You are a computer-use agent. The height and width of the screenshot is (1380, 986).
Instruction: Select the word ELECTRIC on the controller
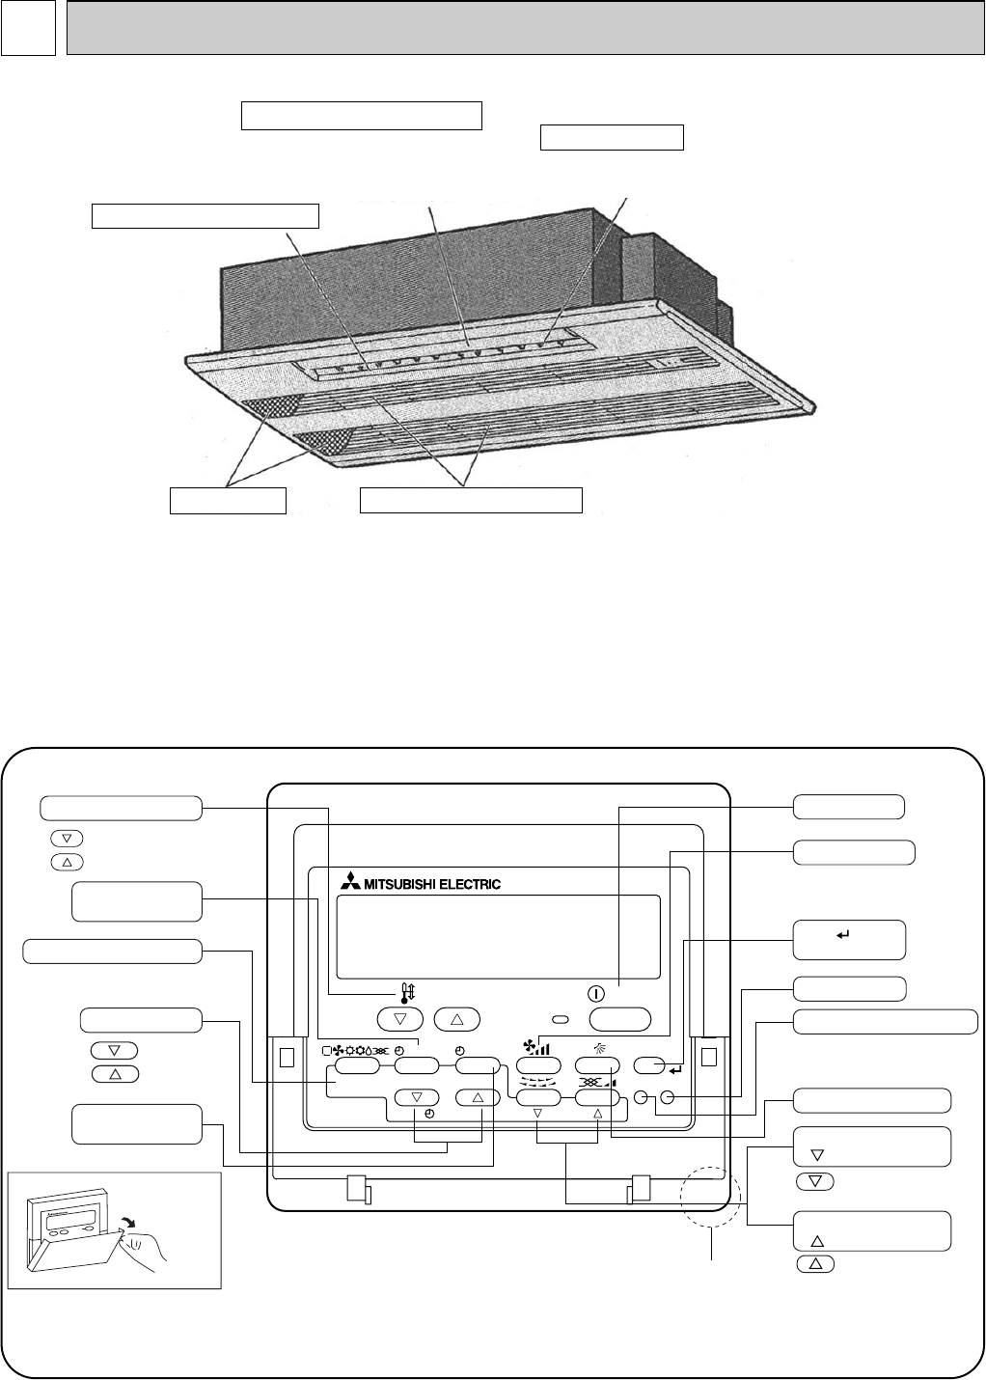[x=470, y=883]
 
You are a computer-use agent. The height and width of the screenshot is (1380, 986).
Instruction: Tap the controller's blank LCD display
[x=498, y=937]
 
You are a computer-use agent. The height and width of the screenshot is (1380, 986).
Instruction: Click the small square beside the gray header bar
[x=28, y=28]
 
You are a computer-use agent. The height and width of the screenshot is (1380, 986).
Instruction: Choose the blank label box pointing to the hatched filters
[x=228, y=501]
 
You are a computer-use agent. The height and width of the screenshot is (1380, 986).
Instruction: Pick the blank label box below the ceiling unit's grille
[x=471, y=500]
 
